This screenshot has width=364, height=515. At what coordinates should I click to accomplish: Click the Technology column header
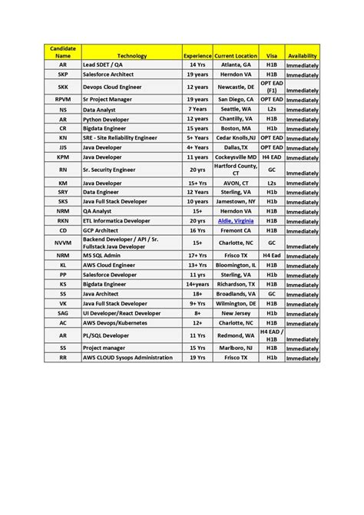pos(132,56)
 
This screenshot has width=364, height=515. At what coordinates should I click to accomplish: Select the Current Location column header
pos(236,56)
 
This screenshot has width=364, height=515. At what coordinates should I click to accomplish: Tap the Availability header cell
pos(302,56)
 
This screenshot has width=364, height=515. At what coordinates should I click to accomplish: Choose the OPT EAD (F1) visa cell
pos(272,87)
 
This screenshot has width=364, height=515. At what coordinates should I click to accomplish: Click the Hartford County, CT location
pos(236,169)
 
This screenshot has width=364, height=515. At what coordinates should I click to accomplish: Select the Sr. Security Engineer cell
pos(112,169)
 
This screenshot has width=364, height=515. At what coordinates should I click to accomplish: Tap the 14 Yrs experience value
pos(197,65)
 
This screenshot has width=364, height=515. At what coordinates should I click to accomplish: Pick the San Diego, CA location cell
pos(236,100)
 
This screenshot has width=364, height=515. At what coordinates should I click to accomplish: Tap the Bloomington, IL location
pos(236,265)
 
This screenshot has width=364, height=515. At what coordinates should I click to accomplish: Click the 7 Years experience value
pos(197,109)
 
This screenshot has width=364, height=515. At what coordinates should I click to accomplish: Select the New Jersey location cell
pos(236,312)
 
